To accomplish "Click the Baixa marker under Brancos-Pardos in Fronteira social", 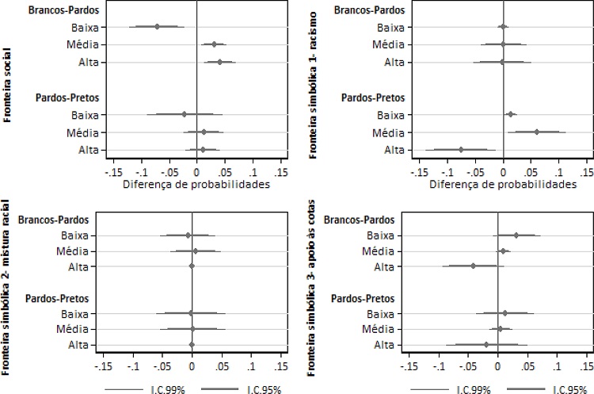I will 157,27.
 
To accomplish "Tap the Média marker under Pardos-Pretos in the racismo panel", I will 536,132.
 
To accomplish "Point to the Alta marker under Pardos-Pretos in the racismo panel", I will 460,149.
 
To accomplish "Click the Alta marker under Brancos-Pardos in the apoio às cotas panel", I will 473,266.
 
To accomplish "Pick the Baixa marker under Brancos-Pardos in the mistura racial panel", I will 188,235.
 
